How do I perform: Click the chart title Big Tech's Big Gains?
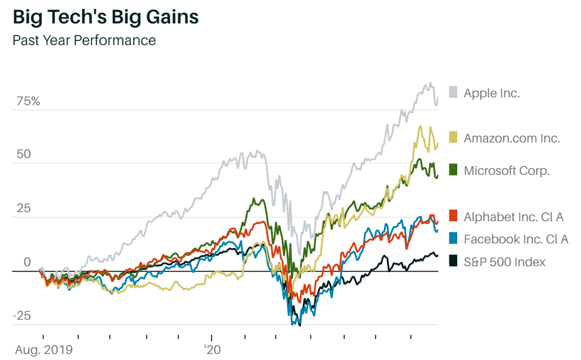pos(106,17)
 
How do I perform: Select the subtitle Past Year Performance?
pos(84,40)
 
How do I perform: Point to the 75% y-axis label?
pos(28,101)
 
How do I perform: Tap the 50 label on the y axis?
pos(24,154)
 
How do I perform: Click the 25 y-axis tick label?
pos(24,209)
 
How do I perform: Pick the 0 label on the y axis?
pos(27,263)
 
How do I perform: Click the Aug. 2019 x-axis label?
pos(43,349)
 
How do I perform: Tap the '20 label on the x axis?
pos(211,349)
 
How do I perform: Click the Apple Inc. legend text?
pos(491,93)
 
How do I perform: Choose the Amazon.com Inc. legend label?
pos(512,138)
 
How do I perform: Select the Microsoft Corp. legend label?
pos(506,171)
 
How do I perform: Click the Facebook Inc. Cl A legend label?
pos(516,239)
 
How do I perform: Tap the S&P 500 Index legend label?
pos(505,261)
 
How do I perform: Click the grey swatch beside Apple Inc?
pos(453,93)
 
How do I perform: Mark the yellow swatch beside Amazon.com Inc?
pos(453,138)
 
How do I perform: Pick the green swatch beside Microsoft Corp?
pos(453,171)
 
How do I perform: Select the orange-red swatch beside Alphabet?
pos(453,216)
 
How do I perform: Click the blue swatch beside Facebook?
pos(453,239)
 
